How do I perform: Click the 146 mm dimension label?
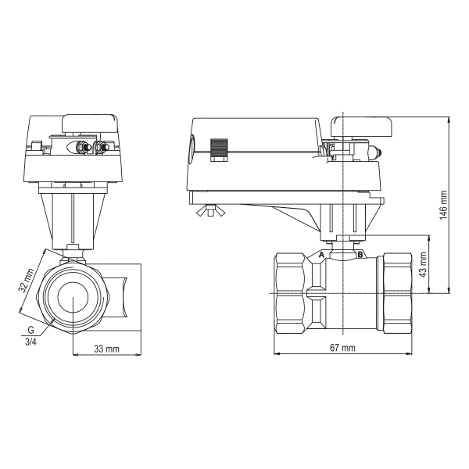click(443, 205)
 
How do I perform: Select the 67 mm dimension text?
click(343, 348)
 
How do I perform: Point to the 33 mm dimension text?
click(107, 349)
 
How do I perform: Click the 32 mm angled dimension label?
click(27, 281)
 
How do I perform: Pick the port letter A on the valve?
click(321, 255)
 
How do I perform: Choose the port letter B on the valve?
click(360, 255)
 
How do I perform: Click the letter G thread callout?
click(30, 330)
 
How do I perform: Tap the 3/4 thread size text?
click(30, 342)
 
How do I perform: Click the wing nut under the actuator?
click(211, 210)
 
